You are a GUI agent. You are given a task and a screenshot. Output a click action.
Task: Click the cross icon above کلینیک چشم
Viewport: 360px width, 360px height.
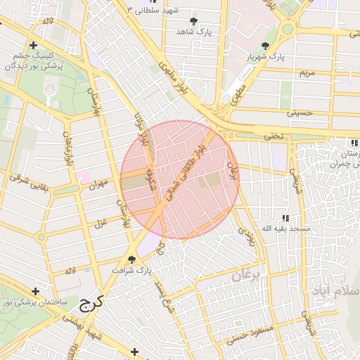pos(33,46)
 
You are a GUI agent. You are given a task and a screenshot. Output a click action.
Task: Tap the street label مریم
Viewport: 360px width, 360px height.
pos(307,73)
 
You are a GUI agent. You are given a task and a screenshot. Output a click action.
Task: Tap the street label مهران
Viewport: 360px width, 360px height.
pos(99,184)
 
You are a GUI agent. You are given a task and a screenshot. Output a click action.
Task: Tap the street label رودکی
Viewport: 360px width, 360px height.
pos(247,236)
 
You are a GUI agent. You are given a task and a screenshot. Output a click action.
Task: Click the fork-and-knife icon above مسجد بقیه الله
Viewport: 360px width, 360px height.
pos(285,218)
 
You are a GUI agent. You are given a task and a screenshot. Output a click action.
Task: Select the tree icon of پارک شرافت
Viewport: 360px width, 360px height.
pos(131,259)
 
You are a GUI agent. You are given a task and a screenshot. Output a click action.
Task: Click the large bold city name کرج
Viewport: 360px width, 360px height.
pos(91,303)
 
